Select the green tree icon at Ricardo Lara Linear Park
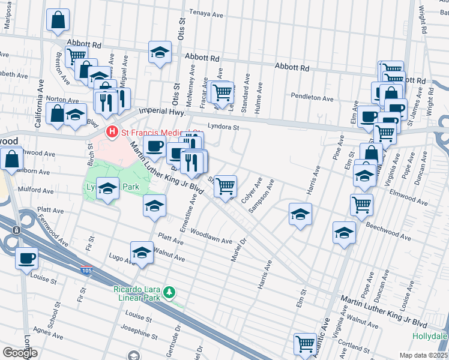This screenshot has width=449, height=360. pos(171,292)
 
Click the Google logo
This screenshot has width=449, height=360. pos(20,353)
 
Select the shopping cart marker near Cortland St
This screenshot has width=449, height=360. pos(305,344)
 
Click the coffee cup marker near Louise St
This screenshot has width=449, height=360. pos(26,259)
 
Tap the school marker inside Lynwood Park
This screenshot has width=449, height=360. pos(107,189)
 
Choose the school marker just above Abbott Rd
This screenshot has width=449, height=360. pos(160,52)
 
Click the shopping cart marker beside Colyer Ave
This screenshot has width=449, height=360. pos(225,185)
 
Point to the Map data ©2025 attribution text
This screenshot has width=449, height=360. pos(424,355)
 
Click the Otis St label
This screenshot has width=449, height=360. pos(180,28)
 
